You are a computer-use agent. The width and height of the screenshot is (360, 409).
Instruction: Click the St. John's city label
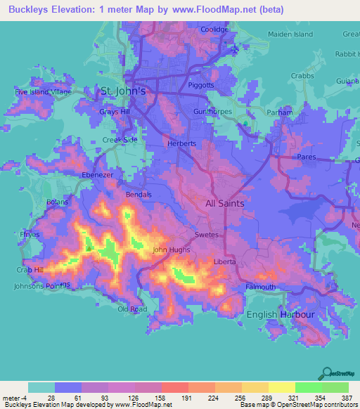tap(123, 91)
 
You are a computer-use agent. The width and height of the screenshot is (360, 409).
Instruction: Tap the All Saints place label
tap(224, 203)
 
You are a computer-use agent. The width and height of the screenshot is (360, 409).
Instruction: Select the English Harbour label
tap(280, 314)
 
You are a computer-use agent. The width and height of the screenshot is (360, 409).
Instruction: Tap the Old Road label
tap(132, 309)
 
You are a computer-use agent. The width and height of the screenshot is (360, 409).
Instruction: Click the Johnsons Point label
tap(42, 286)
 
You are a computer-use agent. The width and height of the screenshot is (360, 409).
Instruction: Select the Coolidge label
tap(215, 30)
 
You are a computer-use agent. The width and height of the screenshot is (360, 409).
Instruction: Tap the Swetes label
tap(207, 234)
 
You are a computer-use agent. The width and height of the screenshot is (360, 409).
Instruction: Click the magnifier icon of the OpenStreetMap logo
tap(326, 373)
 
